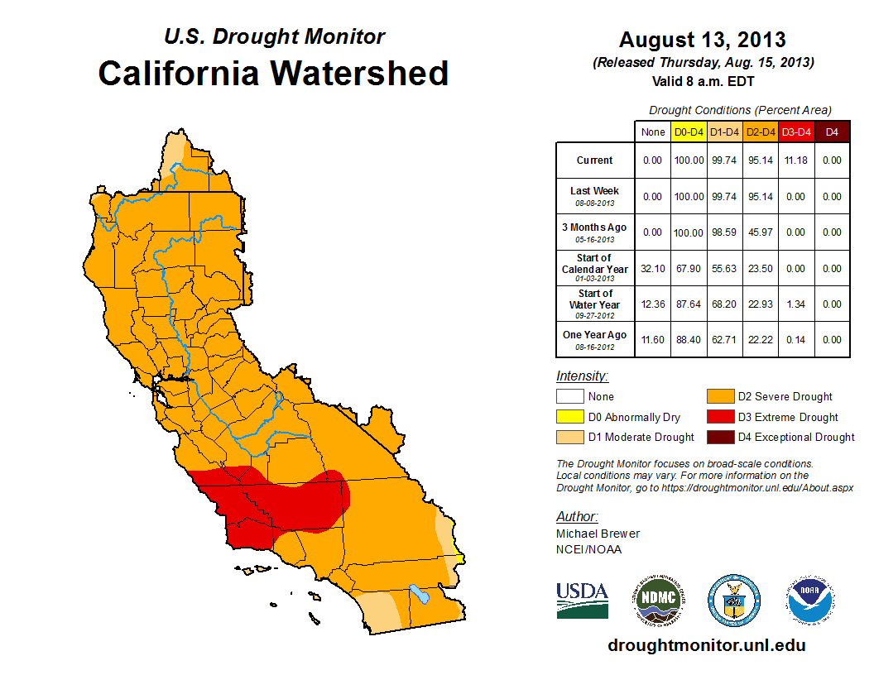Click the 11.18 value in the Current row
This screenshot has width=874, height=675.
pos(796,160)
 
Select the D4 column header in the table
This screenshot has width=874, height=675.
pos(832,132)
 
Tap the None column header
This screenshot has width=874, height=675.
pos(652,132)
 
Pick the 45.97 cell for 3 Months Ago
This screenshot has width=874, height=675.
pos(761,232)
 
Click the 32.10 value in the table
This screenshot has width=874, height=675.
pos(652,269)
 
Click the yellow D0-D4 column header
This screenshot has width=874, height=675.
pos(689,132)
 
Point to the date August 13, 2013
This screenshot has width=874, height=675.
pos(703,39)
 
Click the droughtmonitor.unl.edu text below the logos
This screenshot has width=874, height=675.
pos(706,645)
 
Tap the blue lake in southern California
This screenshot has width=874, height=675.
pos(420,593)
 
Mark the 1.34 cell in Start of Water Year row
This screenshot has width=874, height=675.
pos(796,304)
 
